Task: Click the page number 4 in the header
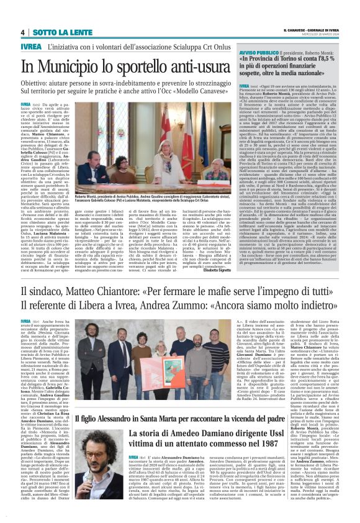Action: coord(22,32)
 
